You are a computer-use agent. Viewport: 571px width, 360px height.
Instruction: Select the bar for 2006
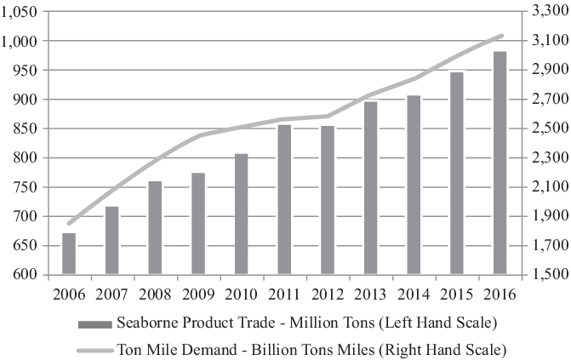pos(69,254)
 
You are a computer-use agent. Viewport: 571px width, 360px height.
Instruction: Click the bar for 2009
pos(198,224)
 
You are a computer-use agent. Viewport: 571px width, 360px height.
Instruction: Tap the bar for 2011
pos(284,200)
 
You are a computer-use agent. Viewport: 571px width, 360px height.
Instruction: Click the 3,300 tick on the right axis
pos(548,12)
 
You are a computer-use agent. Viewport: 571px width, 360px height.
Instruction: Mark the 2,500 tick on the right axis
pos(548,129)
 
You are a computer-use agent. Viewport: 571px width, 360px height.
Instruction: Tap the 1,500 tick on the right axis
pos(548,275)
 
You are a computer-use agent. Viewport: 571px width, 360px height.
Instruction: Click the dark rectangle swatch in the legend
pos(94,324)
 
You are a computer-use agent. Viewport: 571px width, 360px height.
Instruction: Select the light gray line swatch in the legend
pos(94,349)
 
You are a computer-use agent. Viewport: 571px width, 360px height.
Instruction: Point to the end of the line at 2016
pos(503,35)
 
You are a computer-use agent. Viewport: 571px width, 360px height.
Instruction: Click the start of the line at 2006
pos(69,224)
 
